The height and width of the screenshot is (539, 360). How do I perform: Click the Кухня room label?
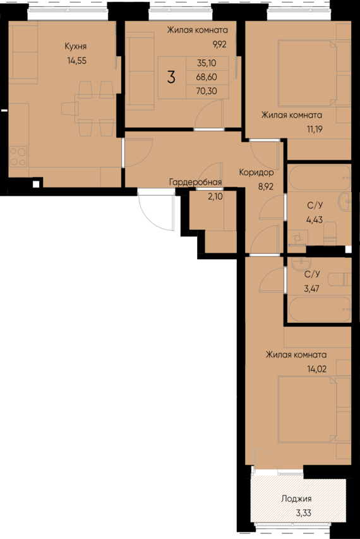pyautogui.click(x=76, y=46)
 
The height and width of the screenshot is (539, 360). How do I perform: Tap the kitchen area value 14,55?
pyautogui.click(x=77, y=61)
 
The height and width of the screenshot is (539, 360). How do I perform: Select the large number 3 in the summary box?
pyautogui.click(x=171, y=76)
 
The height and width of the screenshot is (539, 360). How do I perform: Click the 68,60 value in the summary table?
pyautogui.click(x=207, y=77)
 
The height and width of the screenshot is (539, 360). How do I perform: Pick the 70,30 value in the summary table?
pyautogui.click(x=207, y=91)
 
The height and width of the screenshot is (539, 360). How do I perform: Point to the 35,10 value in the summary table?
pyautogui.click(x=207, y=63)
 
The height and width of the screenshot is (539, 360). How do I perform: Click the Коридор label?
pyautogui.click(x=256, y=173)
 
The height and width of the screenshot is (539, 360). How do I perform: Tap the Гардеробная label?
pyautogui.click(x=195, y=182)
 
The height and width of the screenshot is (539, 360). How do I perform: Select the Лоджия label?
pyautogui.click(x=296, y=499)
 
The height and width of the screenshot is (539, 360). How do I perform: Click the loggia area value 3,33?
pyautogui.click(x=304, y=513)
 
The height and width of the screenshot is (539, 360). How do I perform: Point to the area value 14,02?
pyautogui.click(x=316, y=369)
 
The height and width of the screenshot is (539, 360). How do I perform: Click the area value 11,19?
pyautogui.click(x=315, y=130)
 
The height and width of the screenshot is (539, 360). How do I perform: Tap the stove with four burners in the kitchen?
pyautogui.click(x=18, y=157)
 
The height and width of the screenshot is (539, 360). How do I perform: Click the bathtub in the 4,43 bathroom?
pyautogui.click(x=319, y=178)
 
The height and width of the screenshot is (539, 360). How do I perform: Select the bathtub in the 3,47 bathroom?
pyautogui.click(x=319, y=309)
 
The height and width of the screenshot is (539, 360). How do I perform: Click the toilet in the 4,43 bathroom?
pyautogui.click(x=330, y=233)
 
